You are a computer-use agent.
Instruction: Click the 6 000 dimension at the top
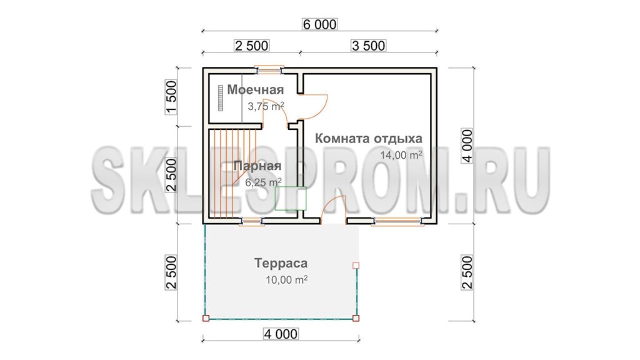(x=319, y=24)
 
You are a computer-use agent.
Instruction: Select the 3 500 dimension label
(x=368, y=46)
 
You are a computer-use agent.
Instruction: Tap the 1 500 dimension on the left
(x=171, y=97)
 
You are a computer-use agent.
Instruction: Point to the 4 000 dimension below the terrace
(x=281, y=334)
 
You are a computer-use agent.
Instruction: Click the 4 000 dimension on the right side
(x=467, y=146)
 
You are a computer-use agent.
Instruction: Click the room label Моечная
(x=256, y=90)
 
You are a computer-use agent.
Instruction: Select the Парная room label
(x=257, y=166)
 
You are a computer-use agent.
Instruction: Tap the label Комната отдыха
(x=369, y=138)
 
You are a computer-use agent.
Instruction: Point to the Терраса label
(x=281, y=263)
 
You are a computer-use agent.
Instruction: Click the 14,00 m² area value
(x=401, y=155)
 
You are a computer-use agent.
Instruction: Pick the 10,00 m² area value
(x=286, y=280)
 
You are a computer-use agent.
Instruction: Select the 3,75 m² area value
(x=266, y=106)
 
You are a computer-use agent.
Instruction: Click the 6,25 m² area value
(x=263, y=182)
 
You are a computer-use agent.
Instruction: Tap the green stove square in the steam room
(x=291, y=198)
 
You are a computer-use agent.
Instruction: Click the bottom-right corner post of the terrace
(x=356, y=318)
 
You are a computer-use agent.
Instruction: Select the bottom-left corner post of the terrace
(x=206, y=318)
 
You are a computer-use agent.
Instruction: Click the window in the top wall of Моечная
(x=269, y=70)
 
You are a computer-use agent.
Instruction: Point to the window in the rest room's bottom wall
(x=398, y=221)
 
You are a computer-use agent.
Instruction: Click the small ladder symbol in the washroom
(x=221, y=98)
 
